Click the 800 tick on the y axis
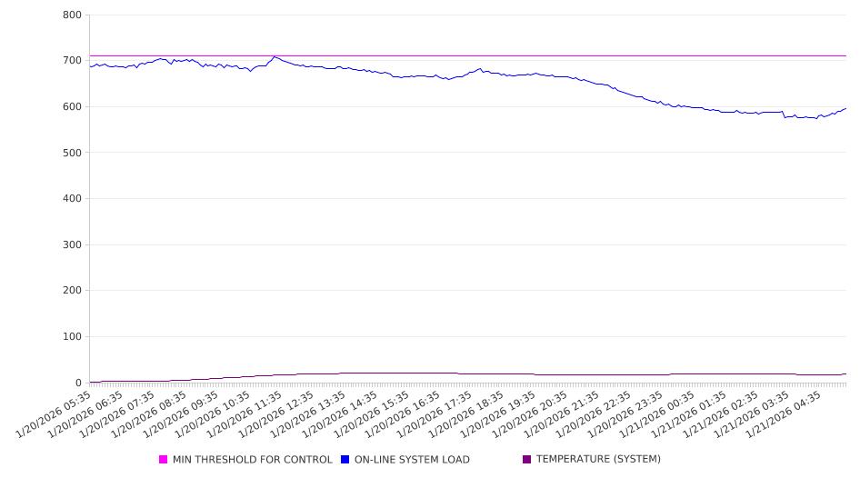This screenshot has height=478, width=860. pyautogui.click(x=73, y=15)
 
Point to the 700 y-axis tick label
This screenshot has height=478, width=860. pyautogui.click(x=73, y=61)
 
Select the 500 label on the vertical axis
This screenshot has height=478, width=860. pyautogui.click(x=73, y=153)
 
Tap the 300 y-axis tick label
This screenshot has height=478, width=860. pyautogui.click(x=73, y=245)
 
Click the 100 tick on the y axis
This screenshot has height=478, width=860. pyautogui.click(x=73, y=337)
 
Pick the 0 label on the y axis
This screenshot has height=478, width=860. pyautogui.click(x=78, y=383)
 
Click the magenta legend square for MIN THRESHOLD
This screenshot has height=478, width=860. pyautogui.click(x=164, y=460)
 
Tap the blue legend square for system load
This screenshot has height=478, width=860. pyautogui.click(x=345, y=460)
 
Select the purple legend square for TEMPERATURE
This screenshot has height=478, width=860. pyautogui.click(x=527, y=460)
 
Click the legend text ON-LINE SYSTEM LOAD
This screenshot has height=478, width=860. pyautogui.click(x=412, y=460)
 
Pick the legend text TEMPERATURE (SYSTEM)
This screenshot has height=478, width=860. pyautogui.click(x=598, y=460)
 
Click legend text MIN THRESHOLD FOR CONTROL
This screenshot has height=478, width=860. pyautogui.click(x=253, y=460)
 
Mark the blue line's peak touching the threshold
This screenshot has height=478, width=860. pyautogui.click(x=275, y=57)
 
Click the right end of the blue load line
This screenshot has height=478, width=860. pyautogui.click(x=845, y=108)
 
